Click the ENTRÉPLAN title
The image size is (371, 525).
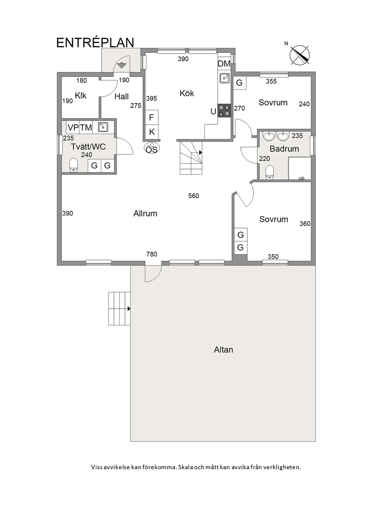(95, 43)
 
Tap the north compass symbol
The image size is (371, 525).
(300, 55)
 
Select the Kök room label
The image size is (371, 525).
(187, 93)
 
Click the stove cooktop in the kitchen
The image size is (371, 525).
(225, 111)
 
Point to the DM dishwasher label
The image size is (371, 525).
(224, 64)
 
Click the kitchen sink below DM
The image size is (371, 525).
(225, 78)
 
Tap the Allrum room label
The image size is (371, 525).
(145, 214)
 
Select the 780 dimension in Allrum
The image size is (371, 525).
(151, 254)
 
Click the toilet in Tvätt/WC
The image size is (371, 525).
(74, 165)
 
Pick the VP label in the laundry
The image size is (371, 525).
(73, 128)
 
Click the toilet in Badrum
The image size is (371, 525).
(269, 173)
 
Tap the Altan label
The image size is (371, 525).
(223, 350)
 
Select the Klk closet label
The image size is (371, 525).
(80, 96)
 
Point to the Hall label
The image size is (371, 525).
(122, 97)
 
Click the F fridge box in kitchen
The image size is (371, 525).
(152, 117)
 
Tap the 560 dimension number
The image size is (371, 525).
(193, 196)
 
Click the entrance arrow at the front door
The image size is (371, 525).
(121, 65)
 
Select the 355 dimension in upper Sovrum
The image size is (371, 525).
(271, 81)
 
